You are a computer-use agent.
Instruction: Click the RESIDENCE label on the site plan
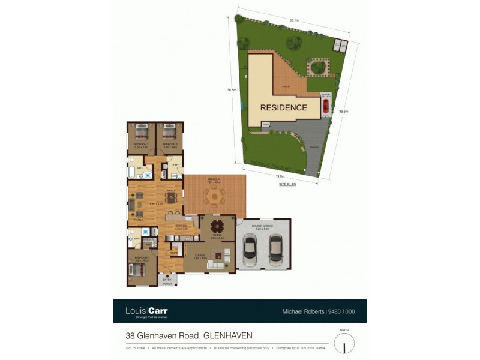(284, 108)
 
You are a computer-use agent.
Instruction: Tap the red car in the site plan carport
(326, 107)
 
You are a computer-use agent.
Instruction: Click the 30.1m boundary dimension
(295, 20)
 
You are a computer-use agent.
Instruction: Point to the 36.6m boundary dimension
(343, 111)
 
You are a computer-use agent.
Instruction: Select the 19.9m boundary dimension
(280, 176)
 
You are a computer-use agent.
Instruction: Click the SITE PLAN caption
(287, 185)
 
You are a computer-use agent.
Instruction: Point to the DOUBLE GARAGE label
(264, 226)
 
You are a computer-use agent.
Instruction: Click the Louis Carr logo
(146, 311)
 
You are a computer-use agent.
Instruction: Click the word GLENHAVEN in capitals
(230, 335)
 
